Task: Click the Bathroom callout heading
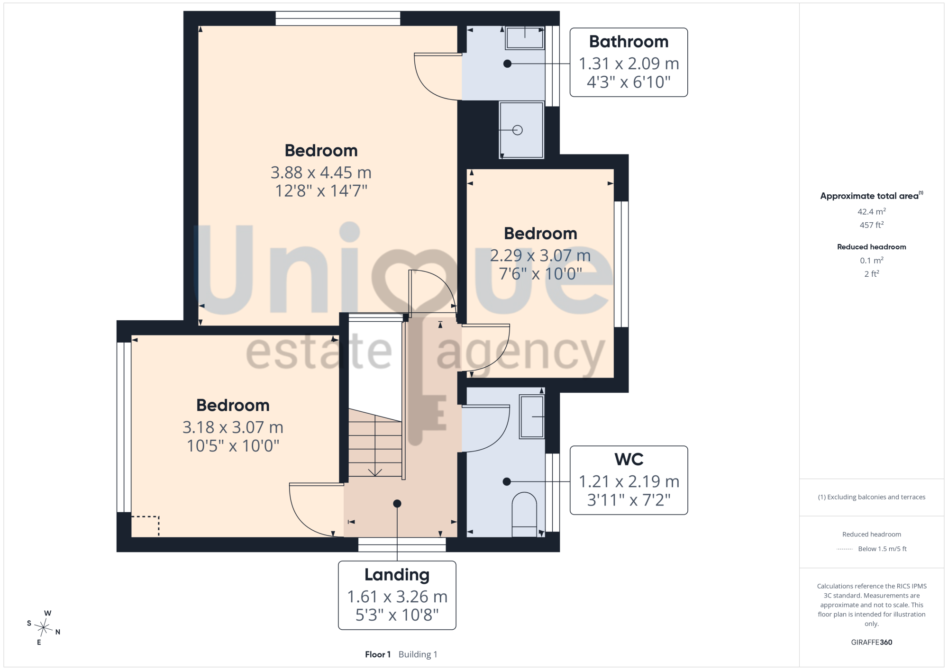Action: point(629,42)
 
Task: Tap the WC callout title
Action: point(629,459)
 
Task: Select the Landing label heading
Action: point(397,575)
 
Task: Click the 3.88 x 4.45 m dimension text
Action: point(321,172)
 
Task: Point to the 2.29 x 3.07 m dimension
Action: point(540,255)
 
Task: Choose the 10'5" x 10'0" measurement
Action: point(233,446)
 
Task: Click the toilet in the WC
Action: point(524,515)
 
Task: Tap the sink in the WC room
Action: point(532,416)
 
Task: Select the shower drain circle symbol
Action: point(518,130)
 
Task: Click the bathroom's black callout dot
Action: point(507,63)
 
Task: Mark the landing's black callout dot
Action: point(397,504)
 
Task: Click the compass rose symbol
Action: point(44,628)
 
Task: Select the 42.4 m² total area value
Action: point(871,211)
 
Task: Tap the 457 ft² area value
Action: point(871,225)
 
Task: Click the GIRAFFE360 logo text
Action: point(871,643)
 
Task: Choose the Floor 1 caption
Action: point(378,654)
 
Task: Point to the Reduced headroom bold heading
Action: point(871,247)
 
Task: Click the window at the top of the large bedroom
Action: point(338,18)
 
